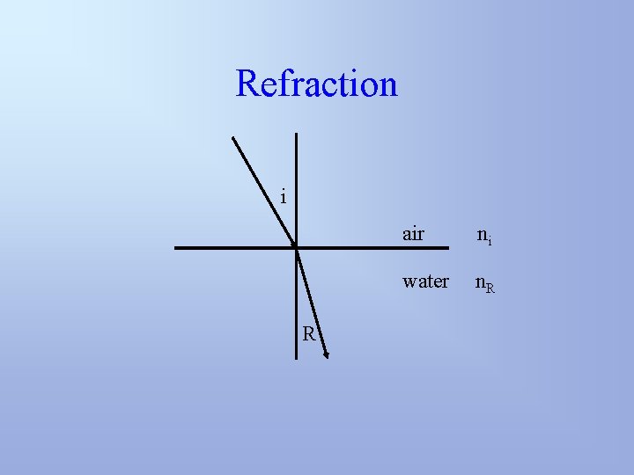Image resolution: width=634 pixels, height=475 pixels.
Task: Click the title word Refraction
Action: pyautogui.click(x=317, y=84)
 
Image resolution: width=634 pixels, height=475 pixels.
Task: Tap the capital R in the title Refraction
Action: pyautogui.click(x=248, y=84)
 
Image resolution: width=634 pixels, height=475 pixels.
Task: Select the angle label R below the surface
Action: pyautogui.click(x=309, y=333)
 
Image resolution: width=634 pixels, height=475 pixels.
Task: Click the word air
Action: pyautogui.click(x=413, y=234)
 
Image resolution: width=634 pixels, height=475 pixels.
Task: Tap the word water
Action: pyautogui.click(x=425, y=281)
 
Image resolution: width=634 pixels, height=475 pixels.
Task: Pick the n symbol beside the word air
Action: pyautogui.click(x=483, y=235)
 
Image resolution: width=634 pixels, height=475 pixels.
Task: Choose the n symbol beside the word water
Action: pyautogui.click(x=481, y=282)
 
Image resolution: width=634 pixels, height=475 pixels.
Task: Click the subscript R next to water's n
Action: pyautogui.click(x=490, y=287)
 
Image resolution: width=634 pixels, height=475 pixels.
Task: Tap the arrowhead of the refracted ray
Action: pyautogui.click(x=326, y=354)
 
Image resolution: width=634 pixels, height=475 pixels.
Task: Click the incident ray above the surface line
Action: pyautogui.click(x=264, y=192)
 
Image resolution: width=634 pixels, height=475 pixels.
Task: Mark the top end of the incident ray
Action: pyautogui.click(x=232, y=136)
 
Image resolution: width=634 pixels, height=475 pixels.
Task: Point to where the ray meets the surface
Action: pyautogui.click(x=296, y=248)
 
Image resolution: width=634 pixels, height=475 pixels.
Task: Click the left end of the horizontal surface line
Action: pyautogui.click(x=176, y=248)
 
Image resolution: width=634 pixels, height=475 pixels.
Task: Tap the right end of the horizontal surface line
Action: pyautogui.click(x=388, y=248)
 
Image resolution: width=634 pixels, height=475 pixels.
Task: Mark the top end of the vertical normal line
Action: pyautogui.click(x=296, y=134)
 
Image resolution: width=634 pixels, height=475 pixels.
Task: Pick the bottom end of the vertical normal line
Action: pyautogui.click(x=296, y=358)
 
